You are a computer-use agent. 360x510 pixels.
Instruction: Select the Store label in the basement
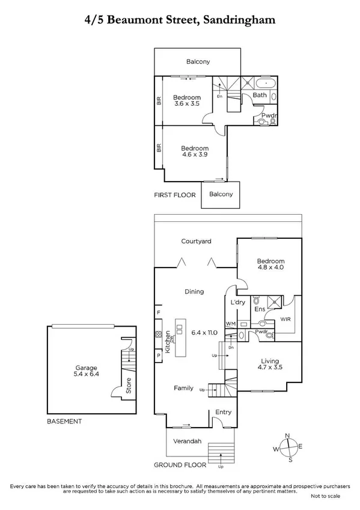click(128, 386)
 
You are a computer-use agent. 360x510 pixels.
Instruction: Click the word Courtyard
click(197, 241)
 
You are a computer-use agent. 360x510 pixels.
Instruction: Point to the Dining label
click(194, 292)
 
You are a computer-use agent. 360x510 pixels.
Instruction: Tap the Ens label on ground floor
click(260, 310)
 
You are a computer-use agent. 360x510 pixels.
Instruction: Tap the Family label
click(183, 388)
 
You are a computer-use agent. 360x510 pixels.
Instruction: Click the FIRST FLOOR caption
click(175, 195)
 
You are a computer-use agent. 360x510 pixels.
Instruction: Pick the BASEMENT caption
click(64, 422)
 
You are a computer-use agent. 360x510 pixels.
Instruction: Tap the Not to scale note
click(326, 496)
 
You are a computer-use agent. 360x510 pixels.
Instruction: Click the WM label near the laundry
click(230, 324)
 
